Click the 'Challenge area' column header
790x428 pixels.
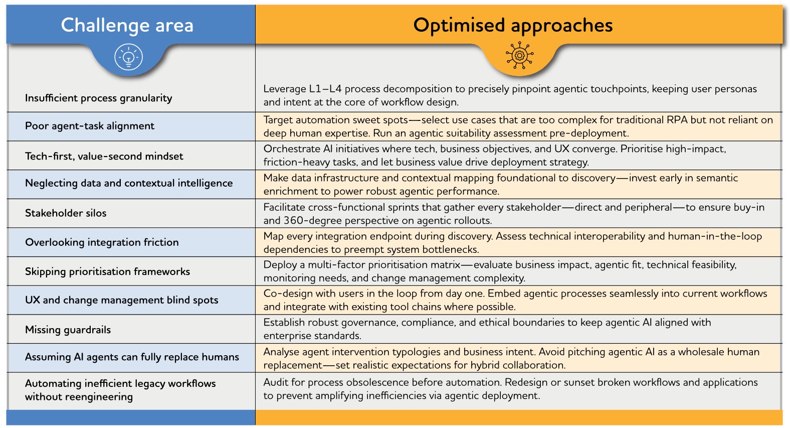(x=127, y=25)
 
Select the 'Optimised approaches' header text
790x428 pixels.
(x=513, y=25)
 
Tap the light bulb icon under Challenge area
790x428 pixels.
(x=129, y=57)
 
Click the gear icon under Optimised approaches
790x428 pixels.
(x=519, y=56)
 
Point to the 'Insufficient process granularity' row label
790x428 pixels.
(x=98, y=98)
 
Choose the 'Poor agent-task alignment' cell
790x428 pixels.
(x=90, y=126)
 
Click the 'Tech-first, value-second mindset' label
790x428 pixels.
(x=104, y=156)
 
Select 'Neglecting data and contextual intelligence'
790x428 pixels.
(x=129, y=183)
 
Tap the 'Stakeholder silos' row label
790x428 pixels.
(x=66, y=213)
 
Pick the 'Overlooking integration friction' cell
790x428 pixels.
(x=102, y=242)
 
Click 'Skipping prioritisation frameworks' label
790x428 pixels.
(x=107, y=271)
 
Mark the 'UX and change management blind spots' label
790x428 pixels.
(x=121, y=300)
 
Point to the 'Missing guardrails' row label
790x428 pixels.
(x=68, y=330)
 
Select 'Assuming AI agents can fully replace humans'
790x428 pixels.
(x=132, y=357)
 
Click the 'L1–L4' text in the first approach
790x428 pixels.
(x=325, y=89)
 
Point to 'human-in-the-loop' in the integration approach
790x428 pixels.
(x=715, y=236)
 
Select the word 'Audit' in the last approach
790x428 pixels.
(x=276, y=382)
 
